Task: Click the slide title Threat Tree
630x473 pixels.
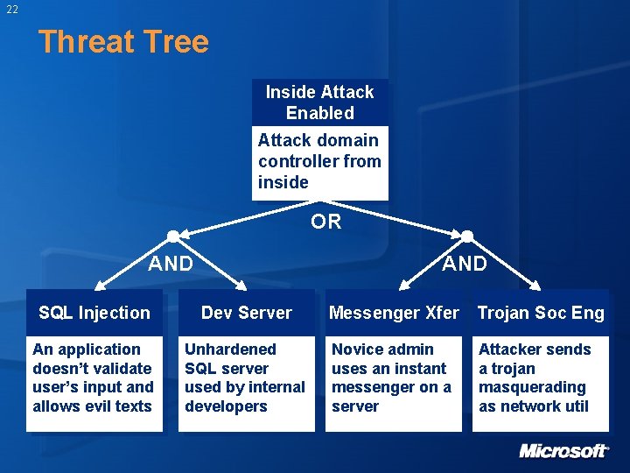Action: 123,42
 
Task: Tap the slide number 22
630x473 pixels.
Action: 11,10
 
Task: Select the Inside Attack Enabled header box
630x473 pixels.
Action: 319,102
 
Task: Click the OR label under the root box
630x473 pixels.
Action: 326,222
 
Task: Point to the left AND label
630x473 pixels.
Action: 171,264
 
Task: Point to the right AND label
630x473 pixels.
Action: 465,264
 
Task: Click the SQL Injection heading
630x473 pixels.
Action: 94,313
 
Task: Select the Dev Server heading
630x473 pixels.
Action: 247,313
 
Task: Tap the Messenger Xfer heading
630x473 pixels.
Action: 394,313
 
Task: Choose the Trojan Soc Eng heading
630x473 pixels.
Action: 541,313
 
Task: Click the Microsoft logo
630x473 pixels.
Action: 563,451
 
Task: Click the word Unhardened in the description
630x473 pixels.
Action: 230,349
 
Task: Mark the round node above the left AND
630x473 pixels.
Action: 173,236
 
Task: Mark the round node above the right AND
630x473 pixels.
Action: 467,236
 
